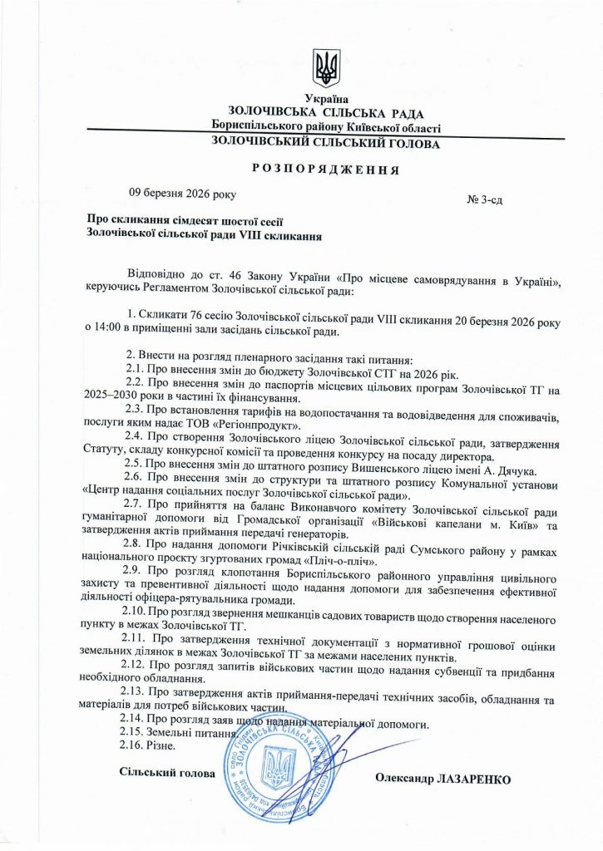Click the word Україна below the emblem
[326, 100]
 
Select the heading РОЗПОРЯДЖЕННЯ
[325, 170]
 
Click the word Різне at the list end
[166, 746]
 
